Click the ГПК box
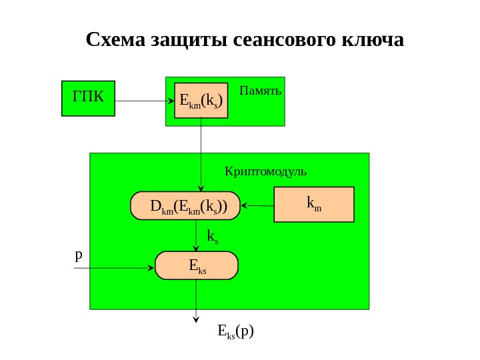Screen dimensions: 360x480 coord(88,99)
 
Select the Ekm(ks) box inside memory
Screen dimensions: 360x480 coord(201,101)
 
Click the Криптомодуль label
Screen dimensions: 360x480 coord(266,171)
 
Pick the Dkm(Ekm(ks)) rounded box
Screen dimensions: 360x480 coord(188,207)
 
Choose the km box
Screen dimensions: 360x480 coord(313,204)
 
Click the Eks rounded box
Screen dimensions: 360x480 coord(197,265)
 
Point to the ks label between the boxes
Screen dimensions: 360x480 coord(213,236)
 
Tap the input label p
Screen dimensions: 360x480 coord(78,255)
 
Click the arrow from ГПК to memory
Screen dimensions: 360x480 coord(140,101)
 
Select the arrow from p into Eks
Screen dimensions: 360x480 coord(113,268)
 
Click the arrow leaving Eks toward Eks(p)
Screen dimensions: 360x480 coord(196,300)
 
